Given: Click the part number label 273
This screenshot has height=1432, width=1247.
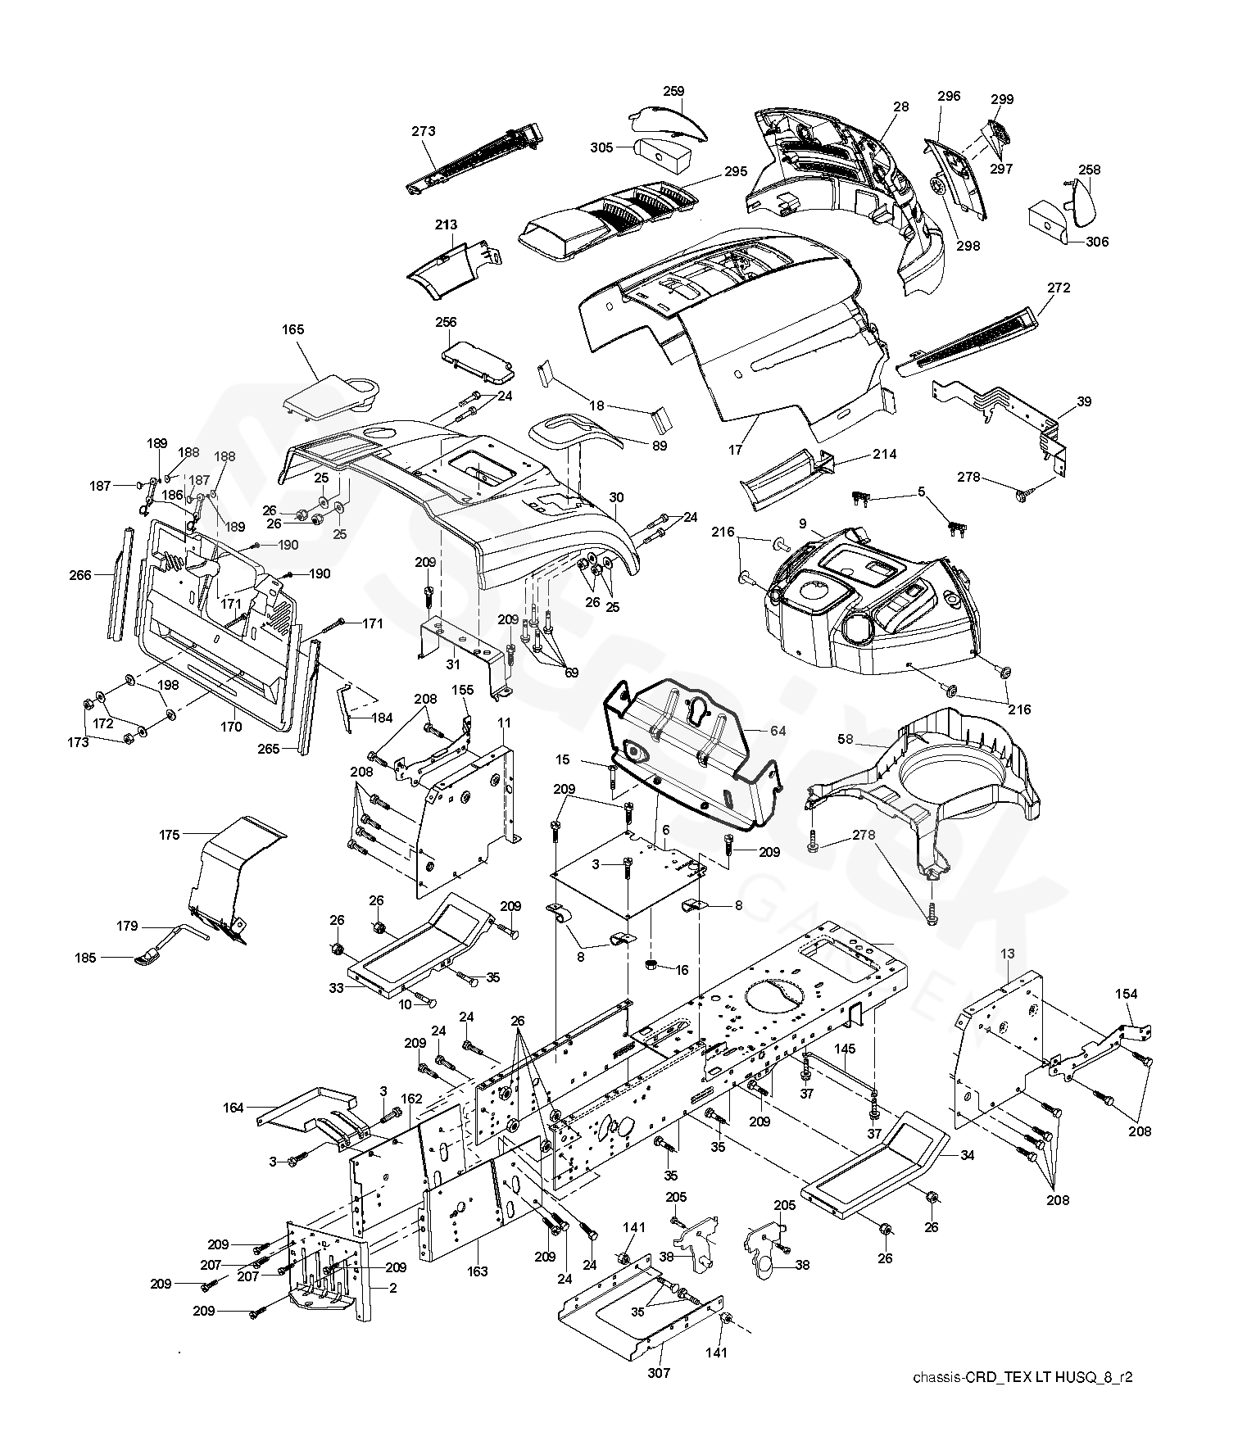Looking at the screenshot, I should [424, 131].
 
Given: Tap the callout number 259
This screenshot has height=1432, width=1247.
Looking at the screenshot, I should [673, 91].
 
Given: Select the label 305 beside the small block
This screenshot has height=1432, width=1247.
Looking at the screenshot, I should [601, 147].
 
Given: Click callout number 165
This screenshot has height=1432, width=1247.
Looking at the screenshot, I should [292, 330].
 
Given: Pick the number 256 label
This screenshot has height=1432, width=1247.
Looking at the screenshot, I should [446, 322].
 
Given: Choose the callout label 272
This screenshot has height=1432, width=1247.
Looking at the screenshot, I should [1059, 288].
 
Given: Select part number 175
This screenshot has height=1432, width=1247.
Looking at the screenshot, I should [170, 835].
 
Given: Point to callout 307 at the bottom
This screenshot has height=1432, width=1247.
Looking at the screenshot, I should [660, 1373].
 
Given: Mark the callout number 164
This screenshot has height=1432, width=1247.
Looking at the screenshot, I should [234, 1108].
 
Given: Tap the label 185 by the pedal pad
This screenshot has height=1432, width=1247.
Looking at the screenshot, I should [85, 957].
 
